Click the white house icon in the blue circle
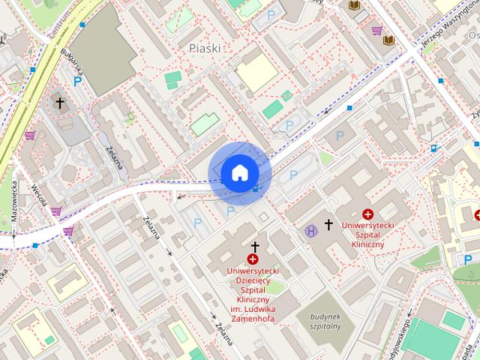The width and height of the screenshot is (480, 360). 238,173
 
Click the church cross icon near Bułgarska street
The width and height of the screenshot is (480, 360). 60,103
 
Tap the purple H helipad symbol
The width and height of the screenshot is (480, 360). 310,230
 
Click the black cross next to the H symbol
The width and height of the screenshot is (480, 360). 328,224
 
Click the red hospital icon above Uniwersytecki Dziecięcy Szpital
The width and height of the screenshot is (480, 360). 253,259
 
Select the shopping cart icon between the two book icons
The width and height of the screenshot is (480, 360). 376,31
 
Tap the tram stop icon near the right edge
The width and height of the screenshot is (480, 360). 434,148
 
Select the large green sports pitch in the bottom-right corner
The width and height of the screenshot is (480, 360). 431,340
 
